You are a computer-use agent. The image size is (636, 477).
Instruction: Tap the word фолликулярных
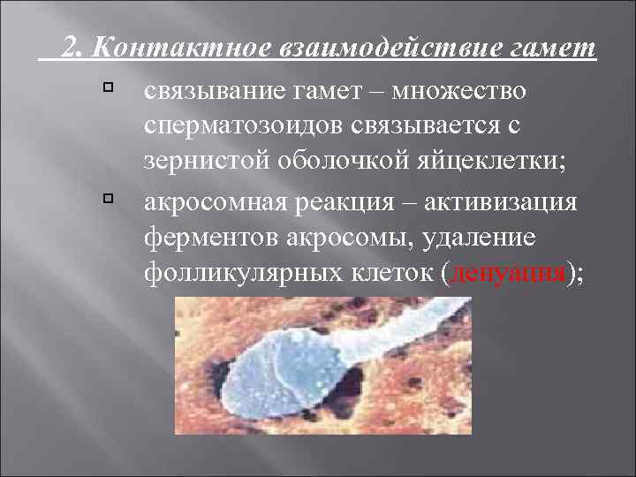226,275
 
